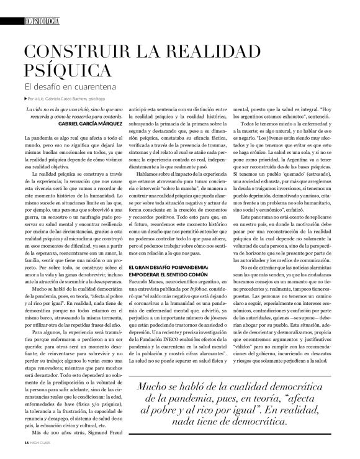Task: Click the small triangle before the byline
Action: [x=25, y=98]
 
